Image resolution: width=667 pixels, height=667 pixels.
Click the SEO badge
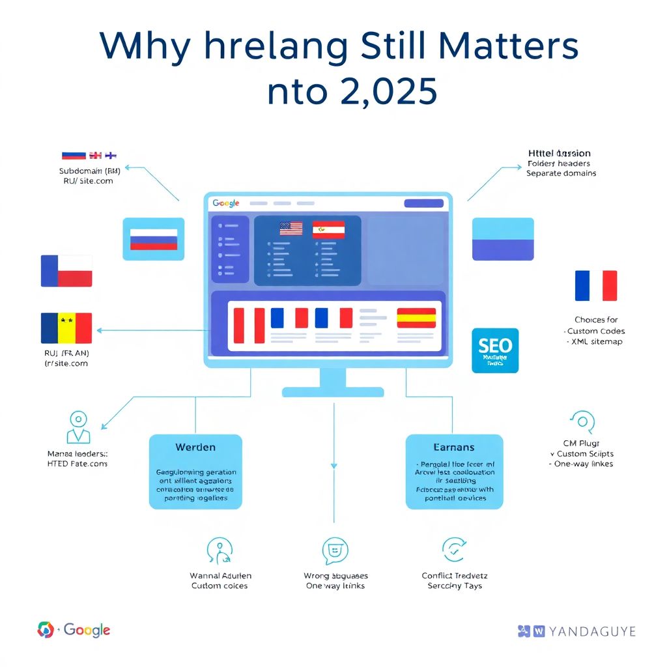pos(495,350)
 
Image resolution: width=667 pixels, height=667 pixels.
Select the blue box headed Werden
pos(195,472)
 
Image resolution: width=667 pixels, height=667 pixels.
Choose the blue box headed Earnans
pos(454,472)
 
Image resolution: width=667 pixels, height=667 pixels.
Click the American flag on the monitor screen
pos(291,229)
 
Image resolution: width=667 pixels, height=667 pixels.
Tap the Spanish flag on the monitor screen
pos(416,317)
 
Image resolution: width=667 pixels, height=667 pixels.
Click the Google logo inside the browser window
pos(226,204)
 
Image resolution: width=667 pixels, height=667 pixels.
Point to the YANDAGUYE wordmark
pos(583,631)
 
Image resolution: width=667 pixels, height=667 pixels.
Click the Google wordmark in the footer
pos(87,630)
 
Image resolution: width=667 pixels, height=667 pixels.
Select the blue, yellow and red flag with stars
pos(66,328)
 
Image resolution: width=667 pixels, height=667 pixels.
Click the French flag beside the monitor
pos(596,285)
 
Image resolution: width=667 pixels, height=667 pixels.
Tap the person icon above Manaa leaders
pos(78,427)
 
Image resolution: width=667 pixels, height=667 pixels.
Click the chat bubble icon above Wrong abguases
pos(335,551)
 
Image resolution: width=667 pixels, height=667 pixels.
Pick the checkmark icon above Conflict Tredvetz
pos(454,550)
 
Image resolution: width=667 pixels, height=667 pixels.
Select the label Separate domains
pos(561,173)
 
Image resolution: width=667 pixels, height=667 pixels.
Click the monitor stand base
pos(333,391)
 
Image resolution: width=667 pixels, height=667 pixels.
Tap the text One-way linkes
pos(582,464)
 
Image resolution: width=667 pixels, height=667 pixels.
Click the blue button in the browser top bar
pos(423,203)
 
